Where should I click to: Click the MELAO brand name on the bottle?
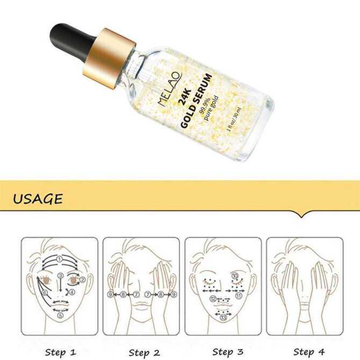coord(171,89)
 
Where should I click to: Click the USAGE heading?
coord(38,199)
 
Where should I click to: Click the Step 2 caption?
coord(142,337)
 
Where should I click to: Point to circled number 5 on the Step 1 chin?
coord(60,315)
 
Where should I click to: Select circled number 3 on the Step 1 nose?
coord(61,276)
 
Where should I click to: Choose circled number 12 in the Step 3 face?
coord(214,299)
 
